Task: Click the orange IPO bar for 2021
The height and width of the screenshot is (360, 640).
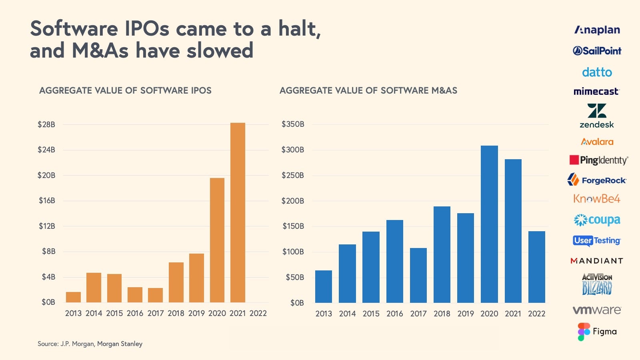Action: pos(238,212)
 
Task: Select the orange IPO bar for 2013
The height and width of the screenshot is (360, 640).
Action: pos(73,297)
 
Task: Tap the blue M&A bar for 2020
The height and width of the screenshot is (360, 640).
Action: pos(489,224)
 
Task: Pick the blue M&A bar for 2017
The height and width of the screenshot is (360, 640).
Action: pos(418,275)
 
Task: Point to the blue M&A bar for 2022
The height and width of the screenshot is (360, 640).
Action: pos(536,267)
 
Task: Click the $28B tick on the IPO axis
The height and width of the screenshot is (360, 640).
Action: pos(46,124)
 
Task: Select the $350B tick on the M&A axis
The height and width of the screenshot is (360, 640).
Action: pos(293,124)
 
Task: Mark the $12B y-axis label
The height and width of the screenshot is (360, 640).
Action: pos(47,226)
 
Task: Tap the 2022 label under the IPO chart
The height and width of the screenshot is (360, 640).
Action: pos(258,313)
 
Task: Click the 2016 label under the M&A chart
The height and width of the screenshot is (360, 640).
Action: pos(394,314)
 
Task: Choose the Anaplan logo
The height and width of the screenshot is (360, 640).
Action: pos(597,30)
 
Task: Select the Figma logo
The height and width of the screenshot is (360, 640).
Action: pos(597,332)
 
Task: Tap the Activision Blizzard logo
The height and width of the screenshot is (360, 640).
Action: pos(597,284)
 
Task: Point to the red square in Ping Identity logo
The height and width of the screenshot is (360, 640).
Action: pos(574,160)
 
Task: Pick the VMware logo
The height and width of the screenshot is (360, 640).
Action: pos(597,310)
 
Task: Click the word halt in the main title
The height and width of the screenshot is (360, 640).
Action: pos(299,29)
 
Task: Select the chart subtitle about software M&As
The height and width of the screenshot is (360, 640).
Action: pos(368,90)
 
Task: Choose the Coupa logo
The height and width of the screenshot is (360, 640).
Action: pos(597,220)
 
